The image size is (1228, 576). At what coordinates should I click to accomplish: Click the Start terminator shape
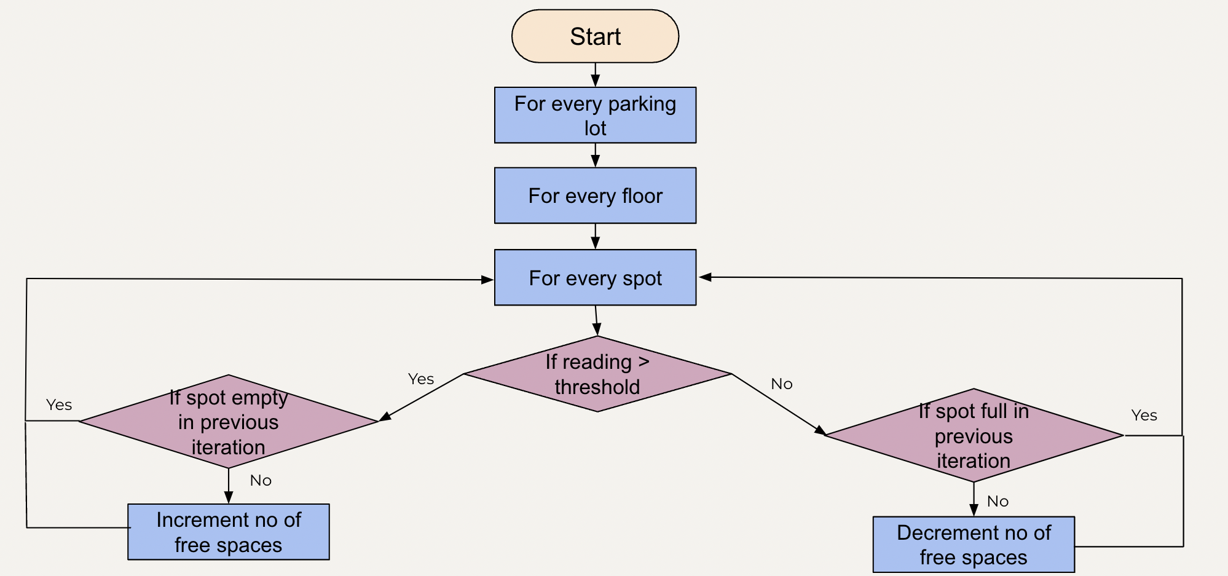[595, 36]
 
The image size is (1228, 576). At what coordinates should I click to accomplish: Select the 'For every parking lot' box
[595, 116]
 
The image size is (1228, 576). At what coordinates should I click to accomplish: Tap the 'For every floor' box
[595, 195]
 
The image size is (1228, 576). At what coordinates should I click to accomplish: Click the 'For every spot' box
[595, 278]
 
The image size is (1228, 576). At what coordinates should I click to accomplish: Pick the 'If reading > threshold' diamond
[597, 374]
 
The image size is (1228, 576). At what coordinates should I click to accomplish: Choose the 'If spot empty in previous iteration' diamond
[229, 422]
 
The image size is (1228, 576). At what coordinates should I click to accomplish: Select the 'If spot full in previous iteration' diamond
[974, 436]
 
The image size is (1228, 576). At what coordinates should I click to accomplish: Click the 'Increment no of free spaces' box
[229, 532]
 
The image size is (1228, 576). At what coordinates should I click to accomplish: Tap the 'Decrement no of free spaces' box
[974, 545]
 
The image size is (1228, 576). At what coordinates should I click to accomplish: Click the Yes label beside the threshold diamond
[421, 379]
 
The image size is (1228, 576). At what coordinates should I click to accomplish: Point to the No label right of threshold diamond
[782, 384]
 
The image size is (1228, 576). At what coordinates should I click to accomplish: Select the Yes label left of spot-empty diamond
[59, 405]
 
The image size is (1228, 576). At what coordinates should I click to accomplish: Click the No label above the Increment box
[261, 481]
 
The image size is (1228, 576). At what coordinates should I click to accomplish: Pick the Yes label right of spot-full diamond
[1144, 416]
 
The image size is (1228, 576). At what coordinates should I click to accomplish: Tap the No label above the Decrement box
[998, 502]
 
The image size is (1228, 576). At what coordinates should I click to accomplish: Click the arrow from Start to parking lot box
[595, 75]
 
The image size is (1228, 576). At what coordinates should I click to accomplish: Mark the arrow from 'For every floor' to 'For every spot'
[595, 237]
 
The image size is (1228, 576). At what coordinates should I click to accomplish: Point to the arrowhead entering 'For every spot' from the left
[487, 280]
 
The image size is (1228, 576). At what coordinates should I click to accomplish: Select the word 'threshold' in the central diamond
[597, 387]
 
